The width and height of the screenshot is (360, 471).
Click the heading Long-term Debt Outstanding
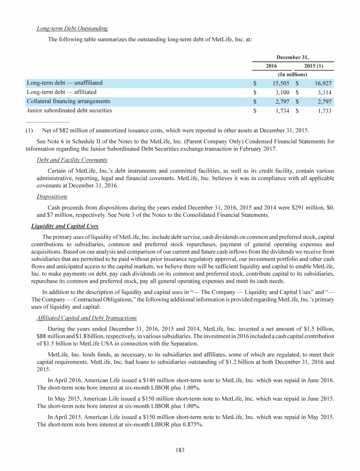click(72, 29)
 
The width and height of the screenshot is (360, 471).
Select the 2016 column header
click(271, 66)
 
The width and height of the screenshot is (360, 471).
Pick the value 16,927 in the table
click(322, 83)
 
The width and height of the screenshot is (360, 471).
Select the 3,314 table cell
click(324, 92)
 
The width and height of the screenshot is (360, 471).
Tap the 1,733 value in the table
click(324, 111)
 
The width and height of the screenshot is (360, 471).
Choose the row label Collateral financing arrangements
click(68, 101)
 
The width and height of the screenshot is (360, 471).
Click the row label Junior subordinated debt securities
click(69, 111)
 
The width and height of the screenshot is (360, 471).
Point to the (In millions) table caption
click(292, 74)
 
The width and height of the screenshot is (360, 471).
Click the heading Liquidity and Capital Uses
click(64, 226)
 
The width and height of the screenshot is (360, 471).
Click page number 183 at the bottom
click(180, 450)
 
